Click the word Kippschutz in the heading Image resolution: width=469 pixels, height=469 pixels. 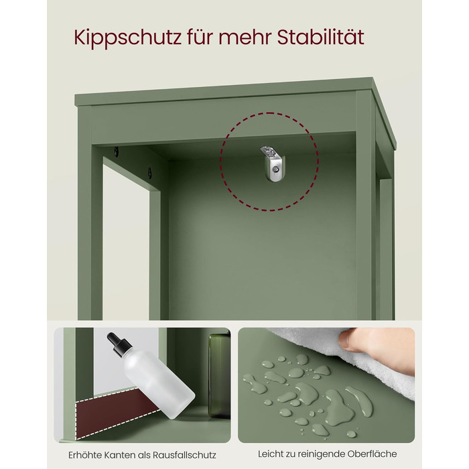coord(128,38)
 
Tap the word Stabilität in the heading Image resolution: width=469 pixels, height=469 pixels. coord(320,37)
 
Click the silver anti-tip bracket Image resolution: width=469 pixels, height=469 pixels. coord(272,163)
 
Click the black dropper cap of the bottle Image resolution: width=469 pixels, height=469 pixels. coord(119,344)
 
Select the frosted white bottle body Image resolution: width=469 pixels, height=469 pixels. coord(159,384)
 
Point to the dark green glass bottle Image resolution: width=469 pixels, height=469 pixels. coord(219,376)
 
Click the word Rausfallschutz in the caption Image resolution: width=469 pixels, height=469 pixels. coord(184,455)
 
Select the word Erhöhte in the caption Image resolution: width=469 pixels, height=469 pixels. coord(84,455)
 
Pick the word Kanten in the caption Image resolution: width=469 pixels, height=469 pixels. coord(119,455)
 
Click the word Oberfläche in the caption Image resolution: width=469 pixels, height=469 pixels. coord(372,454)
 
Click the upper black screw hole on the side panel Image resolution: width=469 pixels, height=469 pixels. coord(116,152)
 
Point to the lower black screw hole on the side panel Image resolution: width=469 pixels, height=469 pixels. coord(149,172)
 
